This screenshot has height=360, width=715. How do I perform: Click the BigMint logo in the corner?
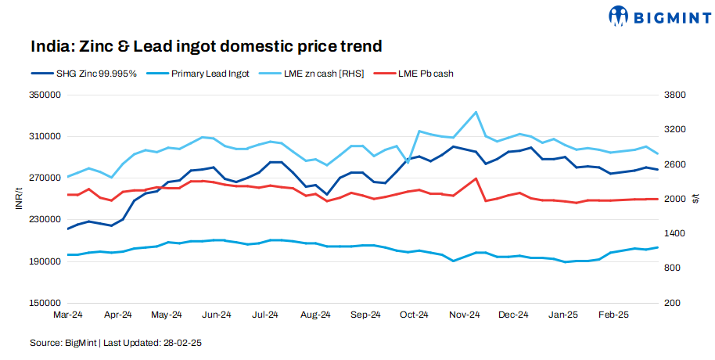pyautogui.click(x=659, y=16)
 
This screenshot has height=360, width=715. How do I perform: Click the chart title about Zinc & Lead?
pyautogui.click(x=207, y=46)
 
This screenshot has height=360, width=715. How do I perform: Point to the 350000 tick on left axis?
pyautogui.click(x=46, y=95)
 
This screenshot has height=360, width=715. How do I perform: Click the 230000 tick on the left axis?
pyautogui.click(x=46, y=220)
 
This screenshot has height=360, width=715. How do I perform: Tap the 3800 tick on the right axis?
pyautogui.click(x=675, y=95)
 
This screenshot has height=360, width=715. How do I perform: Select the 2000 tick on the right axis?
pyautogui.click(x=675, y=200)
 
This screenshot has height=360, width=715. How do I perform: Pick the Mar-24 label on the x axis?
pyautogui.click(x=68, y=315)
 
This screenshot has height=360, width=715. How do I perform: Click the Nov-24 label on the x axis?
pyautogui.click(x=465, y=315)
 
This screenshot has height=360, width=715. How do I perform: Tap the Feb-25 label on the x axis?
pyautogui.click(x=613, y=315)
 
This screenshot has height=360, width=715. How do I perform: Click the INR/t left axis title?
pyautogui.click(x=18, y=200)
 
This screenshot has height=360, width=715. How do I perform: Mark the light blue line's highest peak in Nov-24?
pyautogui.click(x=476, y=112)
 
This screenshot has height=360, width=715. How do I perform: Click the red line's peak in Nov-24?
pyautogui.click(x=476, y=178)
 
